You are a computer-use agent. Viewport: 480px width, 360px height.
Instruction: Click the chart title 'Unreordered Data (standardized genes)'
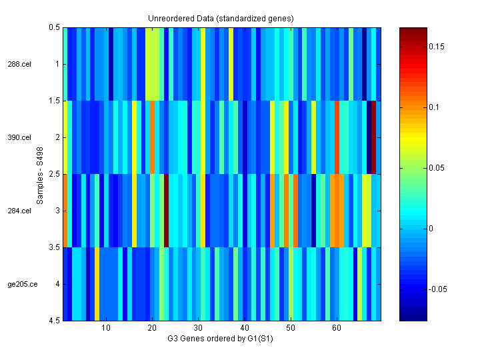[x=221, y=18]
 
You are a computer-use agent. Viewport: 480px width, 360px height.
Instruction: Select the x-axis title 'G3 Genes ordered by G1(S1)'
[x=221, y=339]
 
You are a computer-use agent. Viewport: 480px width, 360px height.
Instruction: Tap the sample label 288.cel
[x=19, y=65]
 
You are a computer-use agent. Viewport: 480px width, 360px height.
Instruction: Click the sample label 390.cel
[x=19, y=138]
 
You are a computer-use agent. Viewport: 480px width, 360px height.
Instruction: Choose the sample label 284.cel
[x=19, y=211]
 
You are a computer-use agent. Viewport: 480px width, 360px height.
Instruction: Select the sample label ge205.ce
[x=19, y=285]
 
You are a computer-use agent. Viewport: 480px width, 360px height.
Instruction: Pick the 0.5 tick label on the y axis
[x=54, y=28]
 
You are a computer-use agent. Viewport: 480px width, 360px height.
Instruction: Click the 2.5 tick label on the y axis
[x=54, y=175]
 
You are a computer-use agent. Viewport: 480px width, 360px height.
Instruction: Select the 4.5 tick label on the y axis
[x=54, y=321]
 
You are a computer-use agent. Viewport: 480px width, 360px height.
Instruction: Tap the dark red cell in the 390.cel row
[x=374, y=137]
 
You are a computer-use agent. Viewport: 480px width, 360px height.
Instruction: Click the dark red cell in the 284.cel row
[x=166, y=211]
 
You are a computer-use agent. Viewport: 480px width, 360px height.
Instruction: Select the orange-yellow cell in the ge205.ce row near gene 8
[x=97, y=284]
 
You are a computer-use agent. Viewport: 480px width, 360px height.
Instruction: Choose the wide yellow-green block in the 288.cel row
[x=153, y=64]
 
